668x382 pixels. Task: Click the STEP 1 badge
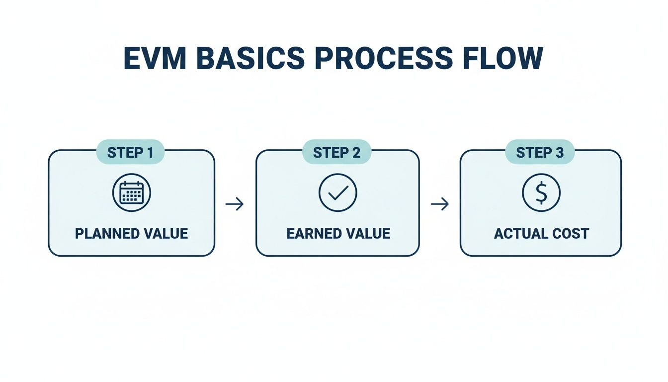click(130, 152)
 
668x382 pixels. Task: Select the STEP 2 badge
click(336, 152)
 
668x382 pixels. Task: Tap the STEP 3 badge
click(540, 152)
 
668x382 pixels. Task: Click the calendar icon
click(132, 192)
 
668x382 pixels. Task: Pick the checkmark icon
click(337, 193)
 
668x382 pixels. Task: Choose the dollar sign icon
click(541, 193)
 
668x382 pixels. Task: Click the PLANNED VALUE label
click(132, 233)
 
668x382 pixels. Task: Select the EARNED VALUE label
click(338, 233)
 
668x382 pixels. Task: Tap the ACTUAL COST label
click(541, 233)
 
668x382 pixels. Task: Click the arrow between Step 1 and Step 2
click(235, 204)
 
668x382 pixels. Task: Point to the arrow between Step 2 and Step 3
click(439, 204)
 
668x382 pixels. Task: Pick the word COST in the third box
click(571, 233)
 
